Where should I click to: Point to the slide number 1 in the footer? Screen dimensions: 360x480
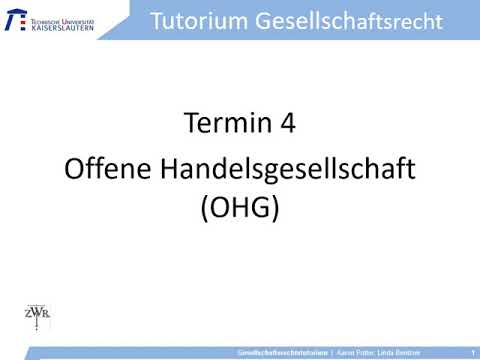click(x=471, y=353)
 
